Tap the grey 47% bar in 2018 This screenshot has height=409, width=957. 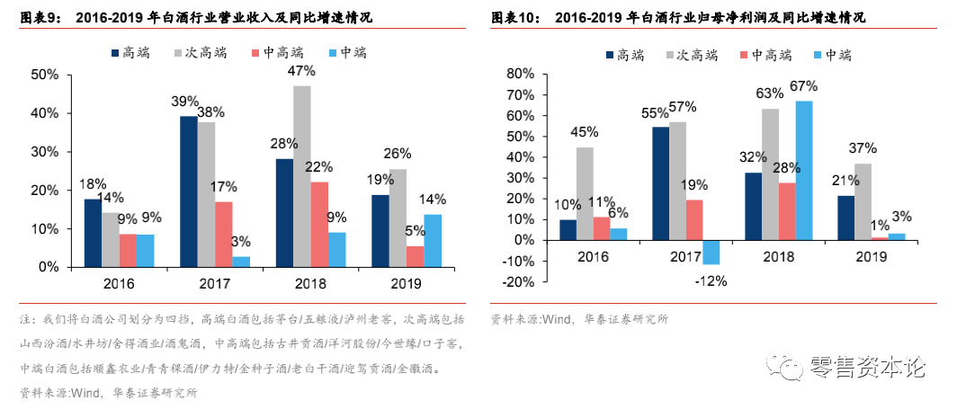click(x=301, y=176)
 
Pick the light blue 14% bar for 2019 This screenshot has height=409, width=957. click(x=433, y=241)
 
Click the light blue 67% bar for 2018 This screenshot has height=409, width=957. click(x=803, y=170)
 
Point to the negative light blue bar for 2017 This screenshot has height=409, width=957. click(x=711, y=252)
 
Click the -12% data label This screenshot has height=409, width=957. click(x=711, y=280)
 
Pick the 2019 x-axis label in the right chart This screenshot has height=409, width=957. click(x=870, y=256)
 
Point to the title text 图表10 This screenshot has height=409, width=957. click(x=517, y=17)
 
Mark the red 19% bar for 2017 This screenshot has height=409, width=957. click(x=693, y=219)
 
